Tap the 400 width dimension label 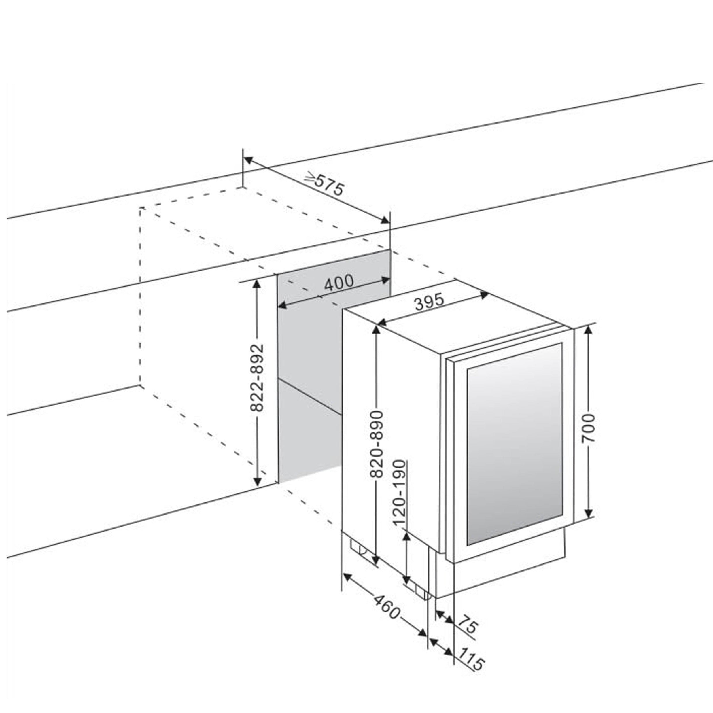[338, 282]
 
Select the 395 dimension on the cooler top [429, 302]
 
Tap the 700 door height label [588, 428]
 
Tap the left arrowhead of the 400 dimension [282, 305]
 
